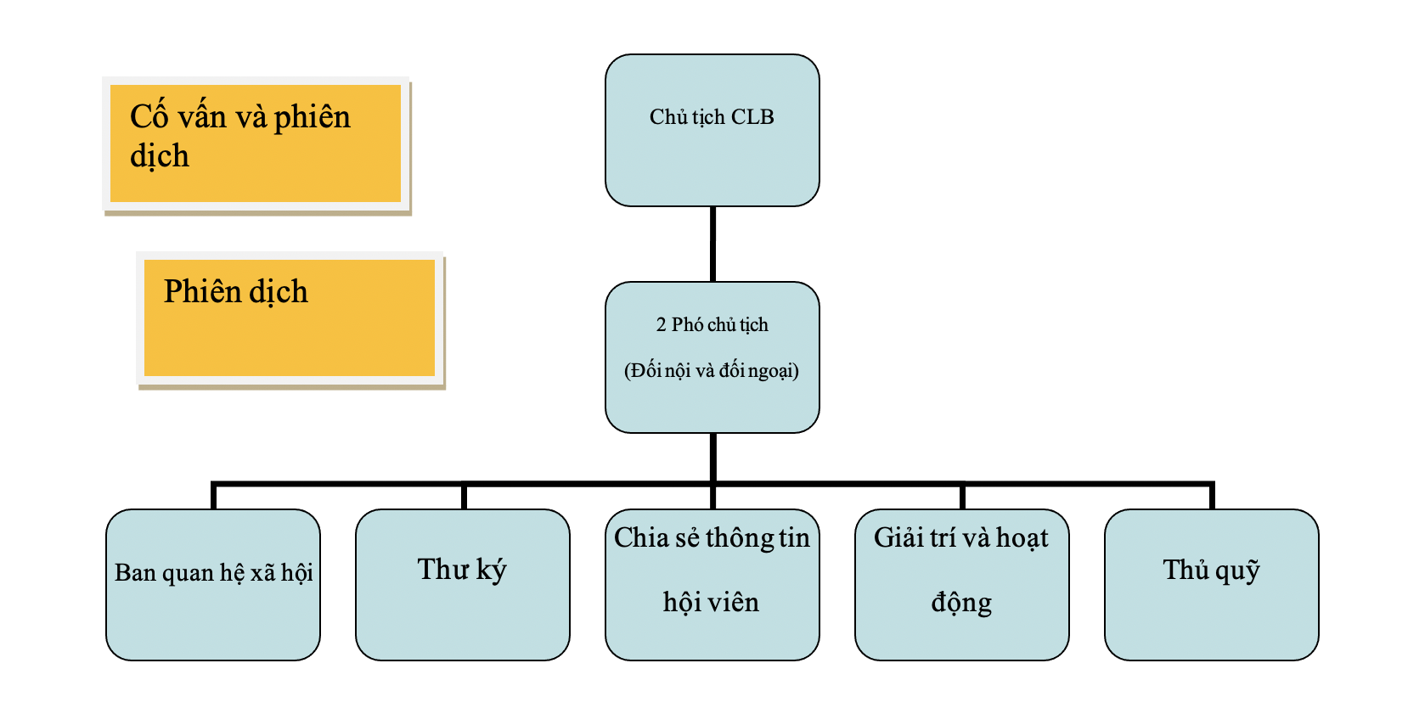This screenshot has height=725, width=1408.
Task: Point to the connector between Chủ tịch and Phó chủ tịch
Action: [712, 244]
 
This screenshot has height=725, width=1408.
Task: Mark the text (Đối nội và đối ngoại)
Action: [712, 371]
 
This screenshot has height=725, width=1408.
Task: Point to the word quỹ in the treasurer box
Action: [1238, 571]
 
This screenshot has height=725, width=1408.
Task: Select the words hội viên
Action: [712, 603]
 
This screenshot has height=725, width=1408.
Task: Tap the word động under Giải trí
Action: [961, 603]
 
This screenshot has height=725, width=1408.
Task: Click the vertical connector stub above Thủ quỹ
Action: [1212, 497]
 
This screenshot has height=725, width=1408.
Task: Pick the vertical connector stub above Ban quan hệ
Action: [213, 497]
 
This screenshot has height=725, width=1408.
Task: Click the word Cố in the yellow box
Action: [149, 117]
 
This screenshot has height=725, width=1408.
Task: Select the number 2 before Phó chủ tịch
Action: [661, 325]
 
